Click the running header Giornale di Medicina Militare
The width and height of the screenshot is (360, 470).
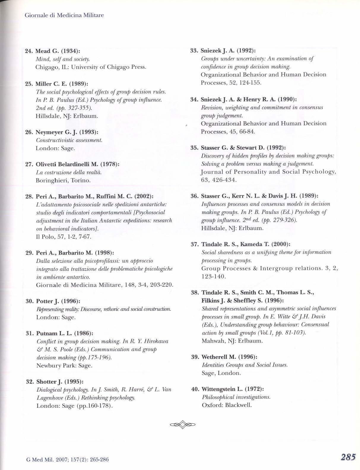click(64, 15)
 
